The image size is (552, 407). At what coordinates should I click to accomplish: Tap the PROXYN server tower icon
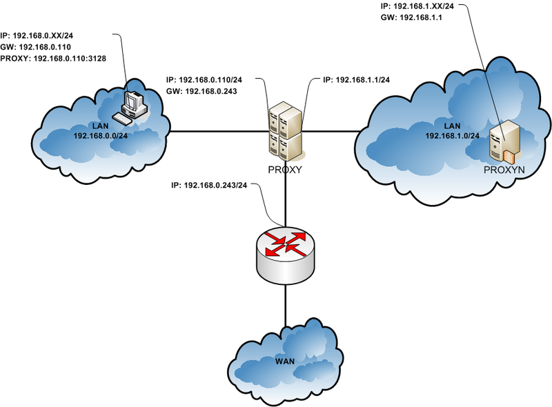coord(503,141)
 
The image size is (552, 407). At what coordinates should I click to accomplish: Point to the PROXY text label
coord(285,169)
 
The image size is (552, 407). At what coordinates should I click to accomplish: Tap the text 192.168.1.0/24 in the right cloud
coord(453,136)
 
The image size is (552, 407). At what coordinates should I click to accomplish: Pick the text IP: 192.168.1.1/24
coord(356,81)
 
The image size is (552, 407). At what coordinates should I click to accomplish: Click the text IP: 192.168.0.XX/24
coord(43,34)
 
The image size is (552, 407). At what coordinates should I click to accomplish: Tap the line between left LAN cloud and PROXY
coord(217,131)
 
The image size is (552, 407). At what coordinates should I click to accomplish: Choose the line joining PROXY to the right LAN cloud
coord(331,131)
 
